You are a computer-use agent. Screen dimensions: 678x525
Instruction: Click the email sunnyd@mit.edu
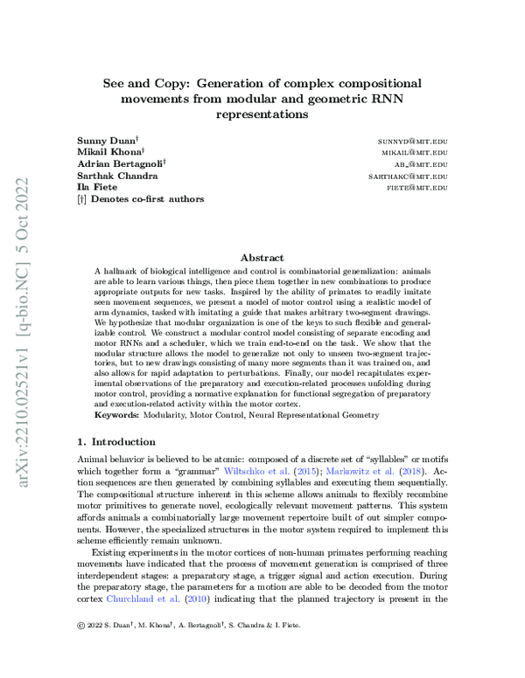413,140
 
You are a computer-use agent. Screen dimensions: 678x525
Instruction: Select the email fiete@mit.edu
417,187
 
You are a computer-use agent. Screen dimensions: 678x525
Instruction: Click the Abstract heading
262,258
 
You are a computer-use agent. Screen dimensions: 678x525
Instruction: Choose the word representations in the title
262,114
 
